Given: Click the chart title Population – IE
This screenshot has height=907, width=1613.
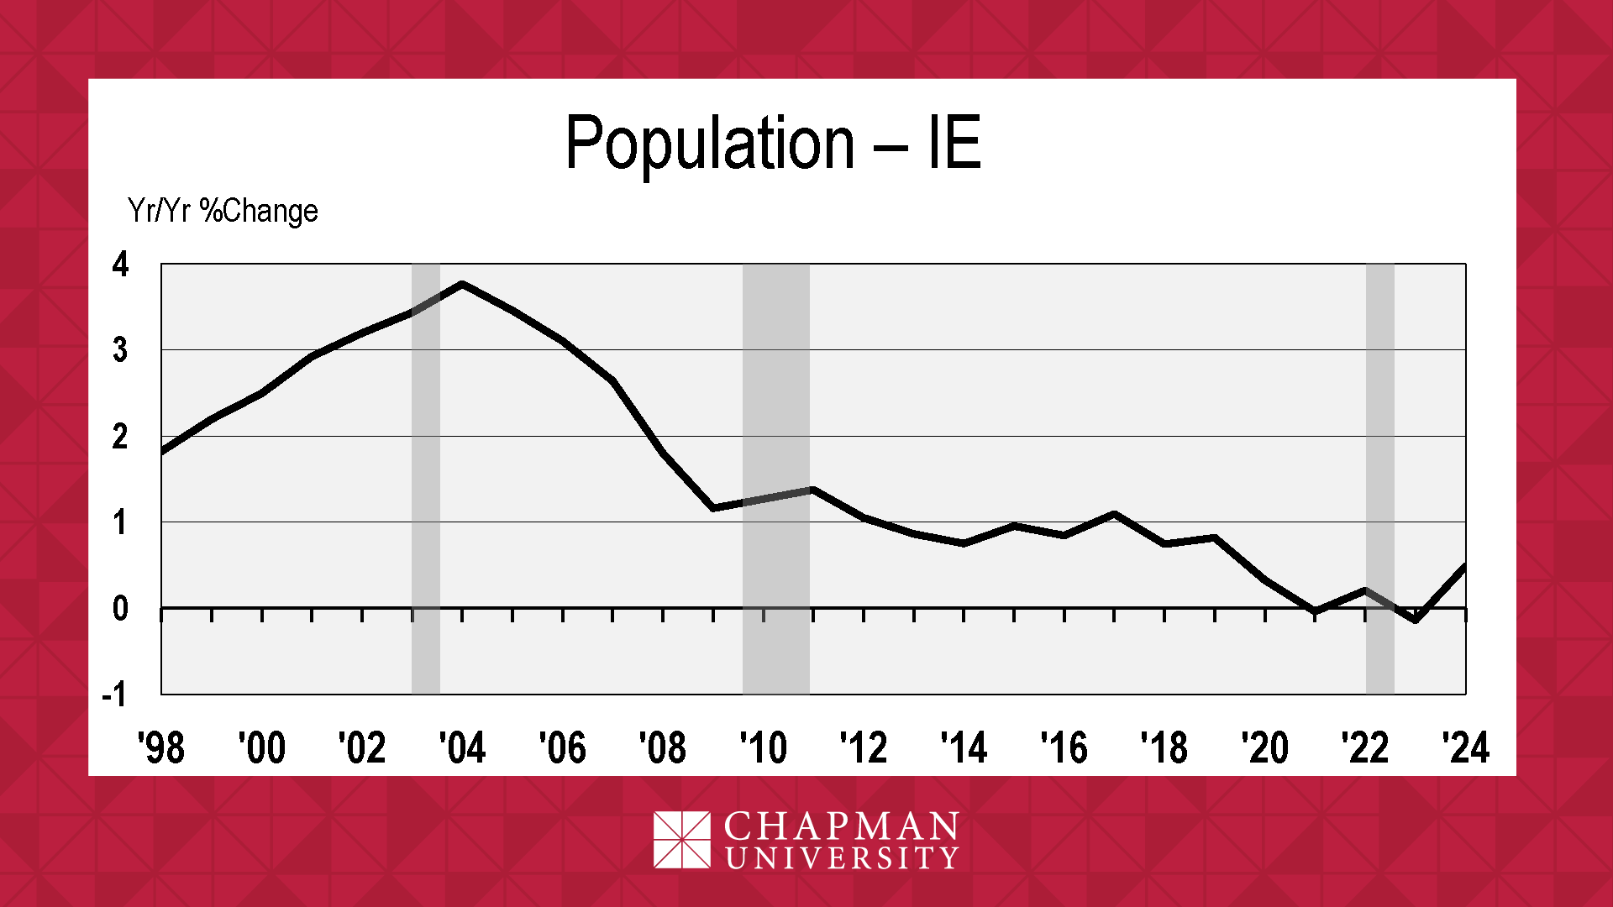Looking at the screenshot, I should tap(773, 143).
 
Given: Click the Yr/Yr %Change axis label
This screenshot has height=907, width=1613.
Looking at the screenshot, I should tap(223, 211).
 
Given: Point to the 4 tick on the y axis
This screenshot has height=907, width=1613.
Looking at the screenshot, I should tap(120, 265).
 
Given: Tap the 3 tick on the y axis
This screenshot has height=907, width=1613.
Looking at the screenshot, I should tap(120, 350).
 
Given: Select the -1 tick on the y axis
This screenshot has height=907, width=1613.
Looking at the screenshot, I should tap(114, 695).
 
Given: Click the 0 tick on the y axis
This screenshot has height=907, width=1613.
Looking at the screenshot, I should tap(120, 608).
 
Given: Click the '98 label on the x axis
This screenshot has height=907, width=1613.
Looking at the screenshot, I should tap(161, 747).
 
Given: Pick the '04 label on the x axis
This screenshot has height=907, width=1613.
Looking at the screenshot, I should tap(462, 747).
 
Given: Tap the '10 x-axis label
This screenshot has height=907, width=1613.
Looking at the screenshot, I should tap(763, 747).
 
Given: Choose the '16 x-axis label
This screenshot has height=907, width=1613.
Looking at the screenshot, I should tap(1064, 747).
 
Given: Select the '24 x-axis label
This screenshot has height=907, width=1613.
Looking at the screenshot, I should tap(1465, 747).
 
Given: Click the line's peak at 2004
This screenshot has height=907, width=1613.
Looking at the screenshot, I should tap(463, 285).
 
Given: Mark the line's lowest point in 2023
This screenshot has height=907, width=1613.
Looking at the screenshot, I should tap(1416, 620).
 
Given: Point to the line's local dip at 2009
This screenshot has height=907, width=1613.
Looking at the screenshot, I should tap(713, 508).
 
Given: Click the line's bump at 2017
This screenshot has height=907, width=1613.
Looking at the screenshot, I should tap(1114, 514).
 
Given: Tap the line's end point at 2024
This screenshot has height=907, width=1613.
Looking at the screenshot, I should tap(1464, 567).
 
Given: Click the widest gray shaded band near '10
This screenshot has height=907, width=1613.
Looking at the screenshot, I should tap(775, 479).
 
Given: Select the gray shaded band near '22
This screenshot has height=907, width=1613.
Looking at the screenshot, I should tap(1379, 479).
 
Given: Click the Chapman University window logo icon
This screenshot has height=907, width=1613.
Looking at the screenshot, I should tap(681, 839).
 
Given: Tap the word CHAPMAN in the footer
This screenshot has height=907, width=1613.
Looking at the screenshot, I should tap(841, 826).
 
